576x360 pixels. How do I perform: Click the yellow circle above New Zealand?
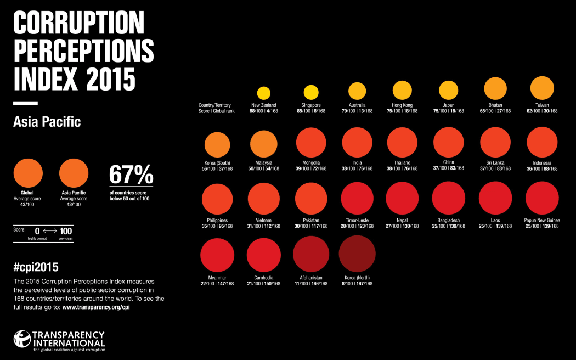click(x=264, y=93)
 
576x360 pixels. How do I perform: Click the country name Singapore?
click(x=311, y=105)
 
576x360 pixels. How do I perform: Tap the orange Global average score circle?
click(x=28, y=173)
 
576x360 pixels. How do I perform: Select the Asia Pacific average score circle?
click(x=74, y=173)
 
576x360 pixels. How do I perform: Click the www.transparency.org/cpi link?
click(x=96, y=307)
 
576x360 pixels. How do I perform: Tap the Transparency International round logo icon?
click(x=22, y=339)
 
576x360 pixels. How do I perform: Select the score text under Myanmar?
click(x=217, y=284)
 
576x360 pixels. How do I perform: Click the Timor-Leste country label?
click(x=358, y=220)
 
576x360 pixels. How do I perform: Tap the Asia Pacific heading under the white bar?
click(x=47, y=121)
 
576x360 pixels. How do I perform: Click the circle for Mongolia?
click(x=311, y=143)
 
